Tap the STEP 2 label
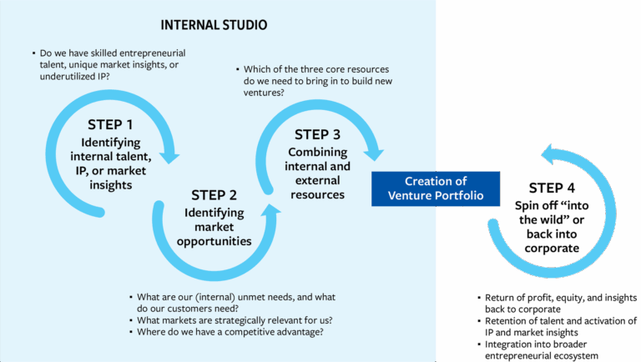click(x=214, y=195)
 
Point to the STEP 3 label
click(x=317, y=134)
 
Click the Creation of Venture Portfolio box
click(x=436, y=188)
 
